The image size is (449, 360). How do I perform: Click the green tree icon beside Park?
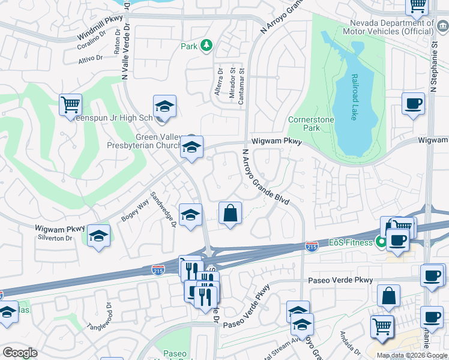(x=206, y=45)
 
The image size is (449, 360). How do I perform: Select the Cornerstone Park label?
(x=311, y=124)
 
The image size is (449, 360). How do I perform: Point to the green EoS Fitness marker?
(x=380, y=242)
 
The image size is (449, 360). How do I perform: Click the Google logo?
(x=20, y=353)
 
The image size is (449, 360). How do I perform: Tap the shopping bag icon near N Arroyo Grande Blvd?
(x=230, y=213)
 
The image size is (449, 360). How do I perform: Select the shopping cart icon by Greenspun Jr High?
(x=71, y=104)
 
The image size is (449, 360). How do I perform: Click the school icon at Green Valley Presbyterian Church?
(x=191, y=147)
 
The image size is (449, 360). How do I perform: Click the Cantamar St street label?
(x=242, y=86)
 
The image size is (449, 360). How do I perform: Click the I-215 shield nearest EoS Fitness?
(x=312, y=247)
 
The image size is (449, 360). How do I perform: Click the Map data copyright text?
(x=412, y=355)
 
